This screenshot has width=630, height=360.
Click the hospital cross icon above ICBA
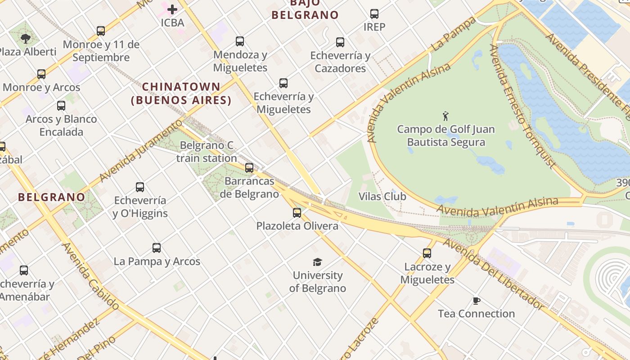click(172, 9)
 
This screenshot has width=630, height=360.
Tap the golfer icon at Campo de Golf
click(445, 116)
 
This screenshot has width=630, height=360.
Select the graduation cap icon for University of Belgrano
click(318, 262)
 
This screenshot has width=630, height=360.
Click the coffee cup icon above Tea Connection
click(477, 301)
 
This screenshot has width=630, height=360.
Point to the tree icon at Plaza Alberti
click(26, 38)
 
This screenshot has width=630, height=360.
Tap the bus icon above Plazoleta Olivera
click(297, 212)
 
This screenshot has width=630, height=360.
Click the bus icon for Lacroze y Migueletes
click(427, 253)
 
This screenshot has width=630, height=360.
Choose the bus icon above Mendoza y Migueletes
click(240, 41)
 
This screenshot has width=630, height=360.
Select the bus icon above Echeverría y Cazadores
click(340, 42)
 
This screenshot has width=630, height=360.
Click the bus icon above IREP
click(374, 14)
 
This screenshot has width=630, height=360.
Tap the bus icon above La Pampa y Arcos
click(157, 248)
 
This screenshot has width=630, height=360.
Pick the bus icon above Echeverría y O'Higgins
click(140, 187)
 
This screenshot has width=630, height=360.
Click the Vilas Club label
click(382, 197)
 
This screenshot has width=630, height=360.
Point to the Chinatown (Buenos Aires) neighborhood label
click(181, 93)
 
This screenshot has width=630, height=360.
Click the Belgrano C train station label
click(207, 152)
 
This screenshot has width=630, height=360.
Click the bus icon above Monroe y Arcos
click(41, 74)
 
